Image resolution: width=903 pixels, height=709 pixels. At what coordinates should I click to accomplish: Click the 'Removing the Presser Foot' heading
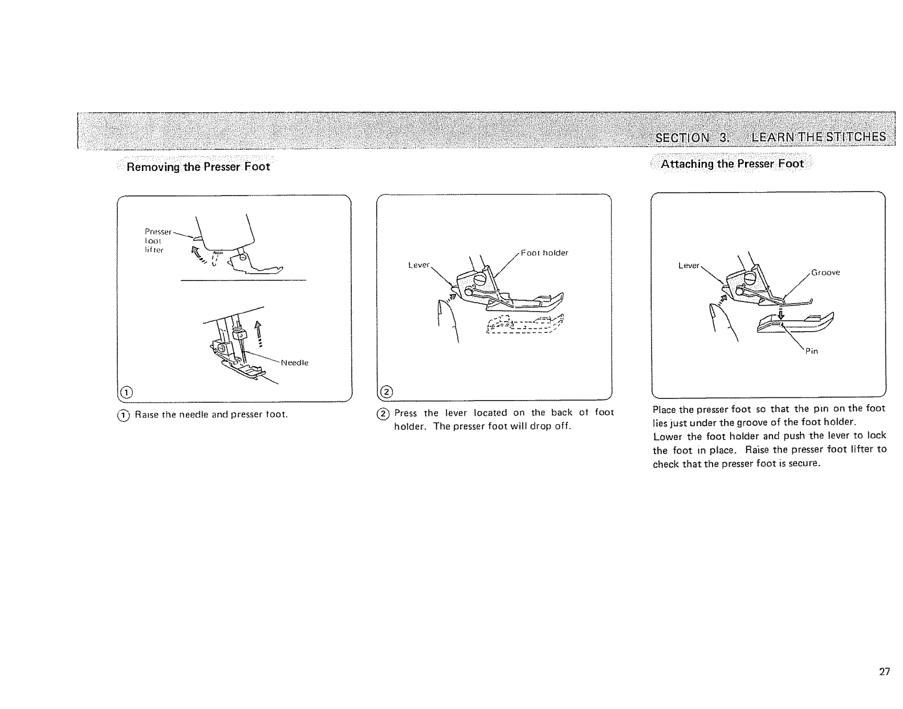198,168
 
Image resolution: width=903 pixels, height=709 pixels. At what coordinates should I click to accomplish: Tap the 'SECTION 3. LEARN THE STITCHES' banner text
771,137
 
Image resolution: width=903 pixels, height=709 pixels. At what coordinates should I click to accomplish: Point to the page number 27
884,672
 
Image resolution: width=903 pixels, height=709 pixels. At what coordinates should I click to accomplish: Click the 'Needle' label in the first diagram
295,362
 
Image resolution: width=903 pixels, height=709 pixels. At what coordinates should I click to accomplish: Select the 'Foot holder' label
544,253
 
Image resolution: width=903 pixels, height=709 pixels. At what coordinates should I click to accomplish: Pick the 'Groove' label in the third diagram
825,272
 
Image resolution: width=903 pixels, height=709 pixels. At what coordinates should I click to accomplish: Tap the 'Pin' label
812,351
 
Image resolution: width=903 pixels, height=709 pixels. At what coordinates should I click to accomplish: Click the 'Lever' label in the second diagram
418,265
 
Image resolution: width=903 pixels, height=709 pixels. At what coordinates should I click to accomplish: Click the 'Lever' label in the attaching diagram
688,266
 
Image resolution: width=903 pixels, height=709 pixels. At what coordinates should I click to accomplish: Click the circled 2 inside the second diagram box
386,392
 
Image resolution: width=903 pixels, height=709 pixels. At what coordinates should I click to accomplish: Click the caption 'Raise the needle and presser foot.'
211,414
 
